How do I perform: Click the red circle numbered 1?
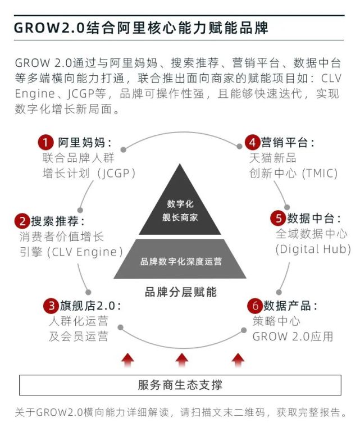point(45,143)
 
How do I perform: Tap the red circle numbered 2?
point(22,221)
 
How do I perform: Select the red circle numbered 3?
point(51,306)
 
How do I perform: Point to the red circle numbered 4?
point(252,143)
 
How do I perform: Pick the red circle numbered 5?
point(278,218)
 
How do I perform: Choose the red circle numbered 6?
point(255,306)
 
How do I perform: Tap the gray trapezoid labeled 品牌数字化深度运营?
point(180,259)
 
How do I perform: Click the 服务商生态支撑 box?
point(180,385)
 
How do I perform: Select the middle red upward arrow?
point(182,360)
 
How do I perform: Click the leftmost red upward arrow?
point(128,360)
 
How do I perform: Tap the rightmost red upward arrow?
point(238,360)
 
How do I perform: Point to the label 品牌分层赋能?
point(181,292)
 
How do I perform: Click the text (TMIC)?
point(320,174)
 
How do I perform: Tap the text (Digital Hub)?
point(313,249)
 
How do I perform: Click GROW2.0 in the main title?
point(49,28)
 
